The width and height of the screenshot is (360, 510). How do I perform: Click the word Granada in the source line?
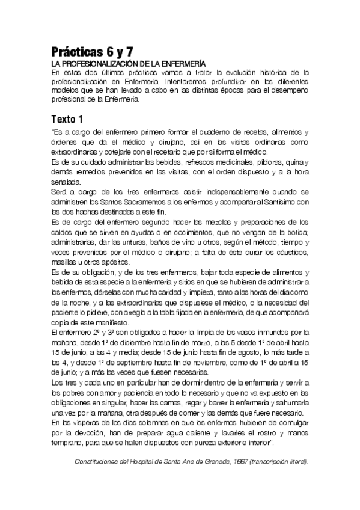tap(214, 462)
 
